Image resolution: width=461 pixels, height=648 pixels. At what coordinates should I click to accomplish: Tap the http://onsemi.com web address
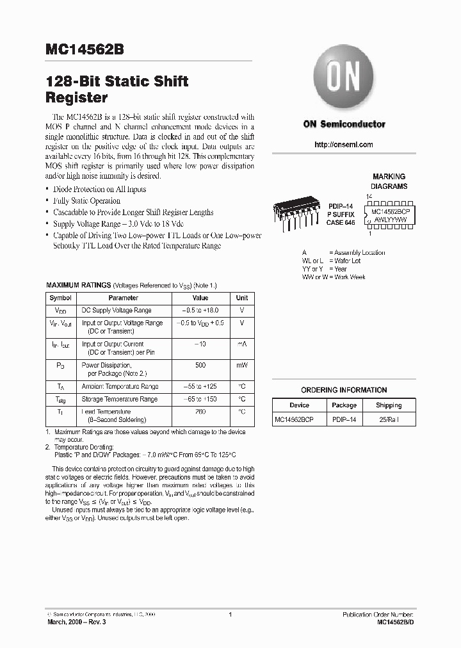tap(344, 145)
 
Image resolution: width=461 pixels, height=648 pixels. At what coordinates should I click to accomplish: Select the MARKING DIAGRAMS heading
tap(389, 181)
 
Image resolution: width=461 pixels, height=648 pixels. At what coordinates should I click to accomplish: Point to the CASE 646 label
tap(340, 222)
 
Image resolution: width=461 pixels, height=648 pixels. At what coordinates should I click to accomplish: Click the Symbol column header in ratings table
tap(61, 298)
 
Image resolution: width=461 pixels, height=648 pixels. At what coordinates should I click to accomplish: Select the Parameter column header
tap(123, 298)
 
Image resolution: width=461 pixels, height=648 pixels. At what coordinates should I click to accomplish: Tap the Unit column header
tap(242, 298)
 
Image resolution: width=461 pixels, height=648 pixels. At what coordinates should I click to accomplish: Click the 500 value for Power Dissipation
tap(200, 365)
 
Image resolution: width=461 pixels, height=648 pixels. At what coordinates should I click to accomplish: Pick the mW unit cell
tap(242, 365)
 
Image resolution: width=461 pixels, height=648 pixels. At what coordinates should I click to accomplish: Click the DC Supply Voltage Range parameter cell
tap(117, 310)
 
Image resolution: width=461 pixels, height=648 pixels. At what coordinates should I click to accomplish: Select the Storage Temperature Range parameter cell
tap(119, 399)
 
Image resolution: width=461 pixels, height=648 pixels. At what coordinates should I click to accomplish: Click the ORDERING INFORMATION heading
tap(344, 390)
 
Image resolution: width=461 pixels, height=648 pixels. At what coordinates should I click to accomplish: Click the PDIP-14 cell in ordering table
tap(344, 419)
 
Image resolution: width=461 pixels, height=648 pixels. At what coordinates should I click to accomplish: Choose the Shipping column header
tap(389, 405)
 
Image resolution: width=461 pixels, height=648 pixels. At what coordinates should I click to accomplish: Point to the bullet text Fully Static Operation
tap(87, 200)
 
